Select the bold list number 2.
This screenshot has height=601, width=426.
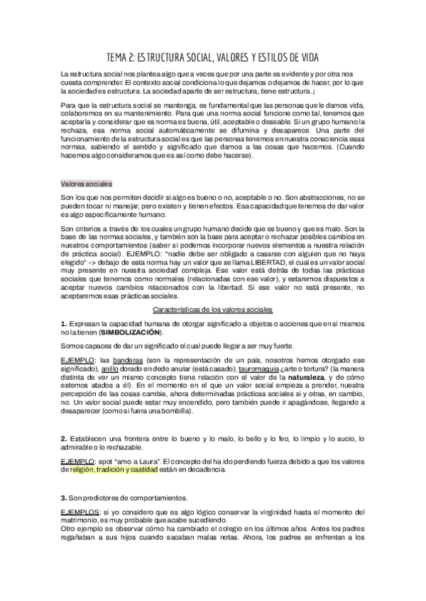point(63,439)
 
